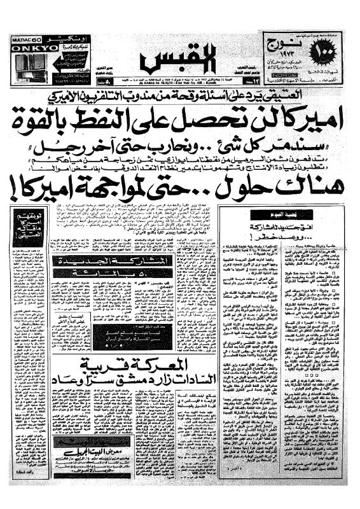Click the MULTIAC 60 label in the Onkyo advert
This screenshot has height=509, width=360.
click(25, 39)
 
